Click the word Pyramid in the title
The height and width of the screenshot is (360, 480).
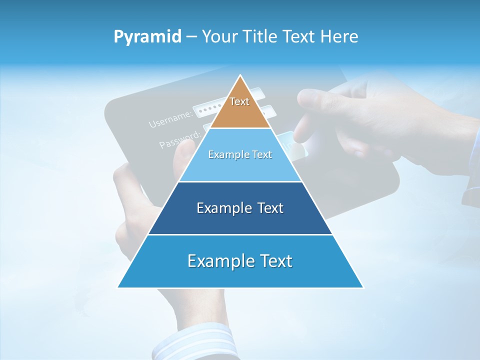pos(147,37)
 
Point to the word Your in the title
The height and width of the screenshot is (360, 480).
pos(219,37)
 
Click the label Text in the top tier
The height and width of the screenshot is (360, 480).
pos(239,101)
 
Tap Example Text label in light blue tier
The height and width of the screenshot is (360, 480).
pos(240,154)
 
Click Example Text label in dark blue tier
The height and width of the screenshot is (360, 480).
pos(240,208)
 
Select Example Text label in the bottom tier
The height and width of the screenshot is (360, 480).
pos(240,261)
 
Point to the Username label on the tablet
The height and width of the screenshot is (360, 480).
pos(170,119)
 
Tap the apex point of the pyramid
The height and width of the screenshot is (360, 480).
pos(240,75)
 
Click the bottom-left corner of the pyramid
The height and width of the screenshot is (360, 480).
pos(118,287)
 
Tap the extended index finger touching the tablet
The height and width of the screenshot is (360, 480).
pos(305,125)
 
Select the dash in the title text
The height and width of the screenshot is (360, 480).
pos(190,37)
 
